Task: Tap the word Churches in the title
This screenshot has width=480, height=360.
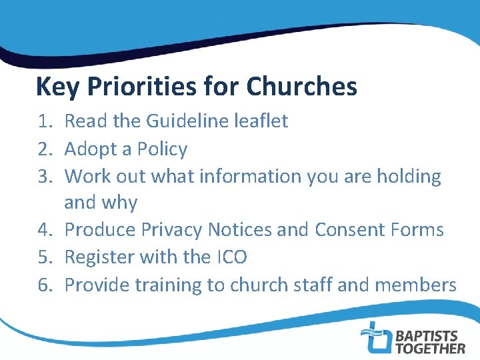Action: [x=301, y=87]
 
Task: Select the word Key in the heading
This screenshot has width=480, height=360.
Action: [x=54, y=87]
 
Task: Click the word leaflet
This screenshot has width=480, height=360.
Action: [x=262, y=121]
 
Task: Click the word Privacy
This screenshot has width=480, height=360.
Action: [x=171, y=231]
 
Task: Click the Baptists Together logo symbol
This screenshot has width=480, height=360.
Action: [x=376, y=337]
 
